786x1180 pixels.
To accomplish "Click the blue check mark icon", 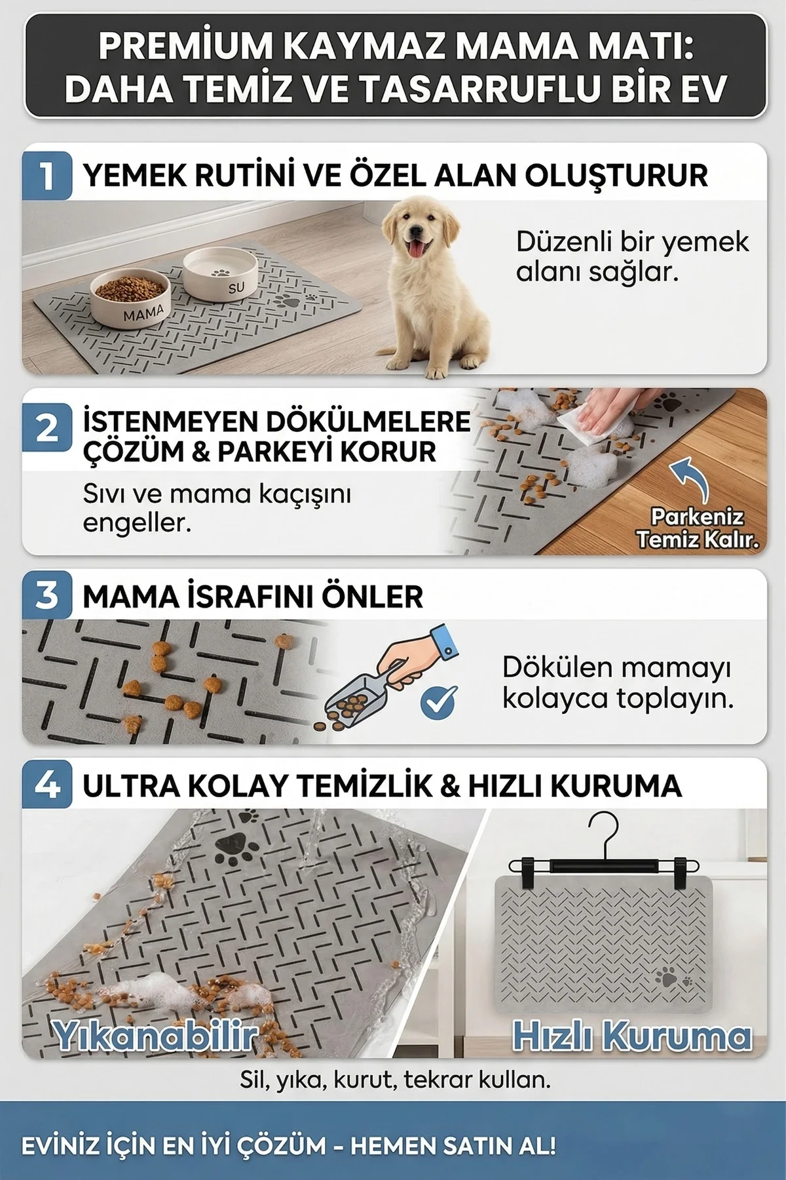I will pyautogui.click(x=438, y=703).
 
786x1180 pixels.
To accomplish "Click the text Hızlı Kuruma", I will pyautogui.click(x=632, y=1036).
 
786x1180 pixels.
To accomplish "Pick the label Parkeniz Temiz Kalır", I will pyautogui.click(x=698, y=528).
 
